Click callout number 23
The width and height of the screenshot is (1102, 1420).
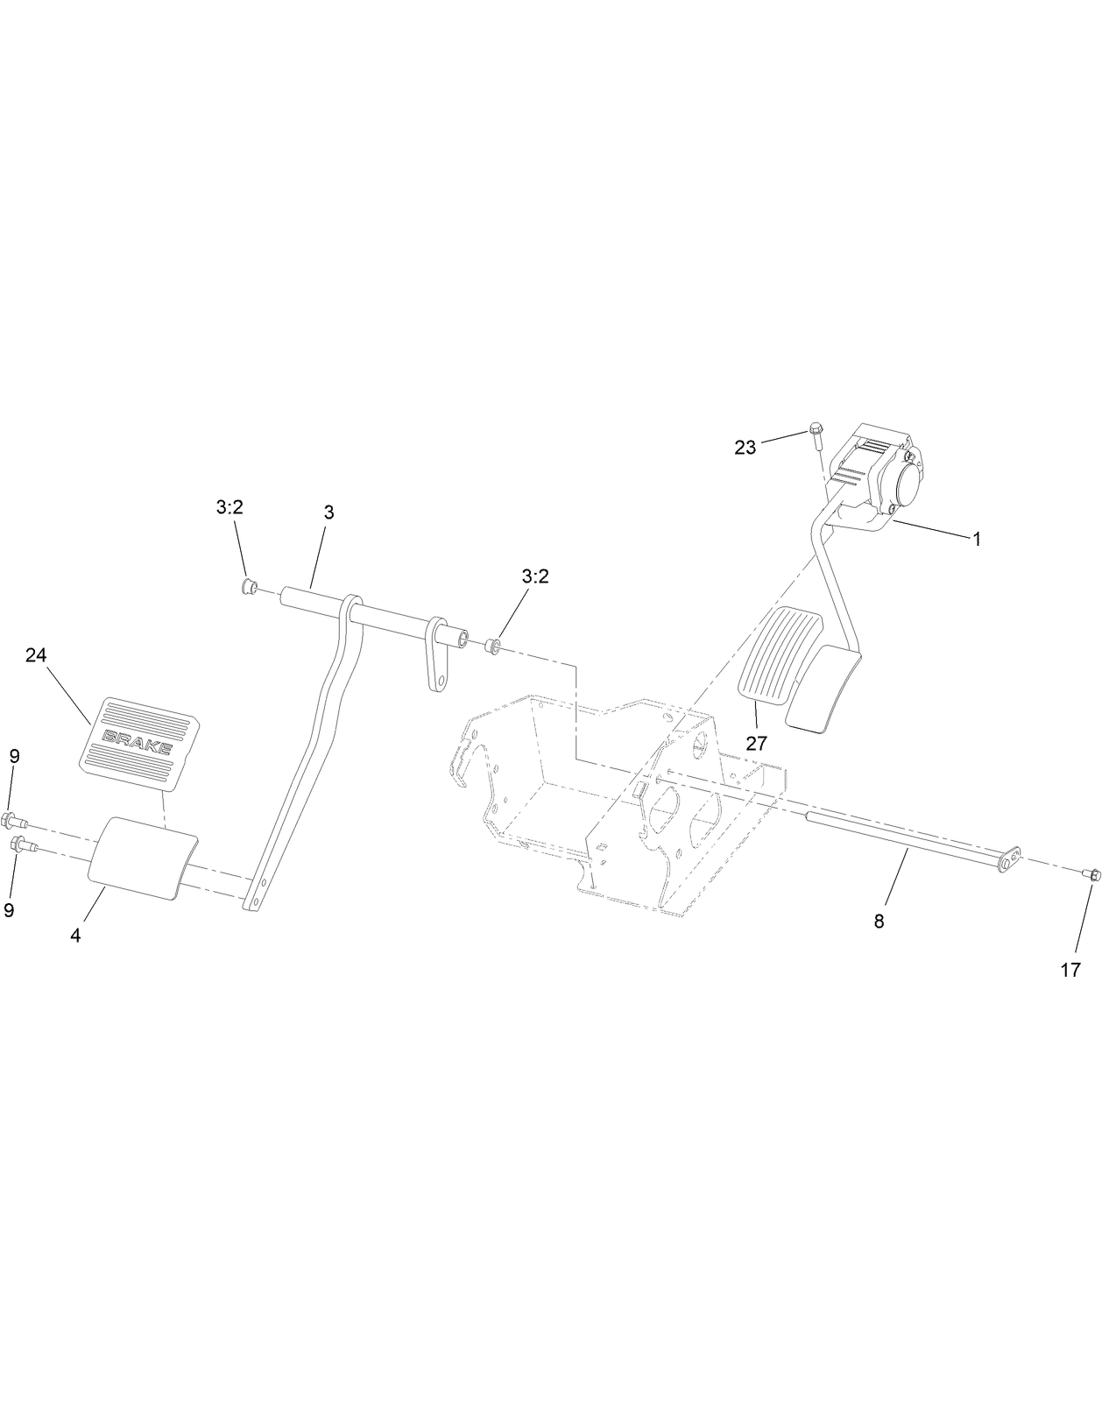745,448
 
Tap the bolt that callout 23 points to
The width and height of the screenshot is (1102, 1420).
816,434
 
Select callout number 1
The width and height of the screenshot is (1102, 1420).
977,540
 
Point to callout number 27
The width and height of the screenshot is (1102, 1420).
756,744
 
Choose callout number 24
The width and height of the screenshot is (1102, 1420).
36,655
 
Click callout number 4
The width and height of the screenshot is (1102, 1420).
76,935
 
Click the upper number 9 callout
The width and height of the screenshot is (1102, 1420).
14,756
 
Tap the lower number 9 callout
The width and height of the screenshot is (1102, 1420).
9,910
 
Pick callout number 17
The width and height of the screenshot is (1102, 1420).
1070,970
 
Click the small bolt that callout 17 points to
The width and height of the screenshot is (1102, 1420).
1091,873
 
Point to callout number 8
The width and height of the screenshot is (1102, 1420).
879,921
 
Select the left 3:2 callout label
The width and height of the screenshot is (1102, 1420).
229,507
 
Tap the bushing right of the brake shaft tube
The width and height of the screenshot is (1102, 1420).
492,646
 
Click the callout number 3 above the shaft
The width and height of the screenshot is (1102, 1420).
328,512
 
